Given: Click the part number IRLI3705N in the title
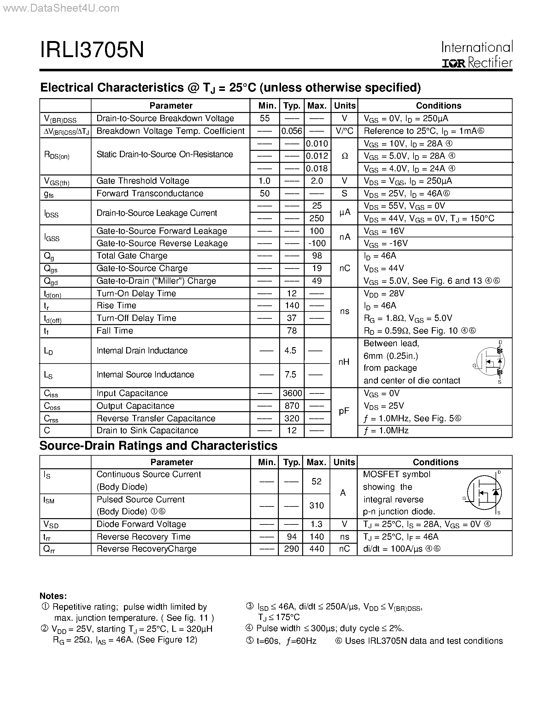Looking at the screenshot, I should (92, 50).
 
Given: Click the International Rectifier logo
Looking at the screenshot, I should (477, 55).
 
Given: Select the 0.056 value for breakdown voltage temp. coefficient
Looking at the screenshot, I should (291, 131).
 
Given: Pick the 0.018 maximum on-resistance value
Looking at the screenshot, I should (317, 169).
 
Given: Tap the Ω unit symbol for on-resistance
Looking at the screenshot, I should (344, 156).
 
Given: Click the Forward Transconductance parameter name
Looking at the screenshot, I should (150, 193).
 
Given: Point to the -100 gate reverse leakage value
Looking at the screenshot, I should (317, 243).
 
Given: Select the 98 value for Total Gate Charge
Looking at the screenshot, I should (317, 256).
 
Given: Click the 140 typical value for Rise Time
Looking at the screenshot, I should (292, 305).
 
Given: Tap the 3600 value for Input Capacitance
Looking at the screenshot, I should (292, 393).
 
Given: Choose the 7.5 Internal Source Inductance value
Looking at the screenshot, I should (290, 375).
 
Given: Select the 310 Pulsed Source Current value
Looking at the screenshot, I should (316, 506).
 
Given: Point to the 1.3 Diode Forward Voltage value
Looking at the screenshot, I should (316, 524).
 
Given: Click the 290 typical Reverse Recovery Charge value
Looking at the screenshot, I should (291, 549).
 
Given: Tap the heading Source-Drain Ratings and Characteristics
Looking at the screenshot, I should (158, 446).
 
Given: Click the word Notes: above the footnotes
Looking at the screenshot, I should (53, 596).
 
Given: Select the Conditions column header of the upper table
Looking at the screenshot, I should (438, 106).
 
